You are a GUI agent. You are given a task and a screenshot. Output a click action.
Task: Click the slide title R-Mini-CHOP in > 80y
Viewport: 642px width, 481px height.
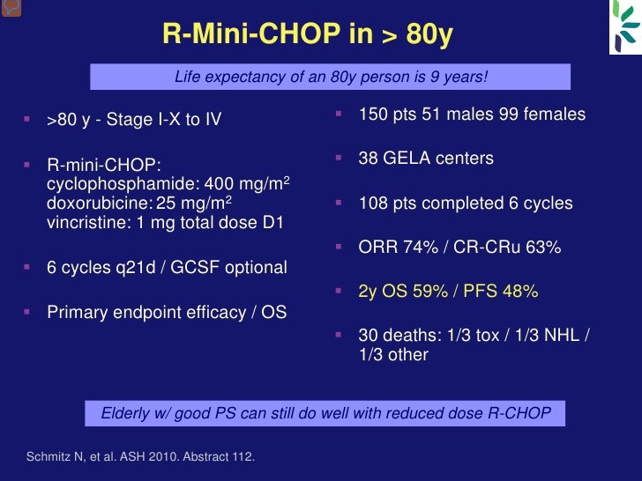tap(308, 34)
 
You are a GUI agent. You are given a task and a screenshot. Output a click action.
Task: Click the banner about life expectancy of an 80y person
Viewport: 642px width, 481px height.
tap(331, 77)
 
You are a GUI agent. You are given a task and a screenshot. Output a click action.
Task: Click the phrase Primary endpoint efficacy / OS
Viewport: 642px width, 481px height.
tap(167, 312)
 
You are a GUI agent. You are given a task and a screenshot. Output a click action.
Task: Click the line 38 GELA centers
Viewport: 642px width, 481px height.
tap(426, 159)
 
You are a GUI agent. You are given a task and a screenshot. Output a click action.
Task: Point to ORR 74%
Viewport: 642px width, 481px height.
tap(400, 248)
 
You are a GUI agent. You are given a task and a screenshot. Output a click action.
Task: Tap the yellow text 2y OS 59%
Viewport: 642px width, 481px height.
tap(403, 291)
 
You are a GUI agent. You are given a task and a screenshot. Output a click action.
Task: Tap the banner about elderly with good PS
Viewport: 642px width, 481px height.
tap(325, 413)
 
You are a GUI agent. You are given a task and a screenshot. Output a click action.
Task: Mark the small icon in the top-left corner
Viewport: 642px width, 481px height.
tap(9, 7)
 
